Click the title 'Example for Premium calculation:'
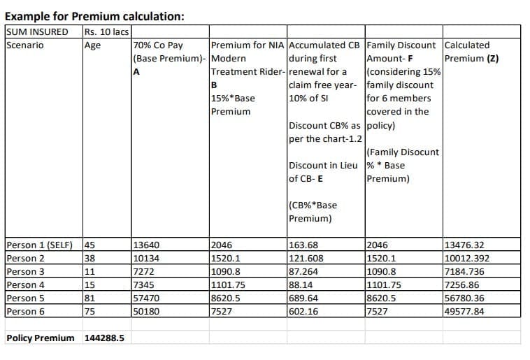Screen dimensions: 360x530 click(x=95, y=15)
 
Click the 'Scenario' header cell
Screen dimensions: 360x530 click(x=24, y=45)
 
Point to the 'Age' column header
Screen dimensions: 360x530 click(x=92, y=45)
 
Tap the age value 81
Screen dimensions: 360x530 click(x=89, y=298)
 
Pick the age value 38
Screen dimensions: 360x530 click(x=89, y=259)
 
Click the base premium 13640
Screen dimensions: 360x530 click(x=147, y=245)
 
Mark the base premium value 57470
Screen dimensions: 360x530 click(x=147, y=298)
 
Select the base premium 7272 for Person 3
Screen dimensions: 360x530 click(x=144, y=272)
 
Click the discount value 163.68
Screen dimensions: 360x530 click(x=303, y=245)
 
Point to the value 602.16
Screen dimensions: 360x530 click(x=303, y=312)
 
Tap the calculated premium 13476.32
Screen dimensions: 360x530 click(x=464, y=245)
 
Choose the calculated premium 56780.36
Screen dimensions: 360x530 click(x=464, y=298)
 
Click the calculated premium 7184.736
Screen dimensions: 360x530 click(x=464, y=272)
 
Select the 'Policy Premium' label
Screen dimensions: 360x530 click(x=40, y=338)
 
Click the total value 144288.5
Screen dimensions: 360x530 click(x=104, y=338)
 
